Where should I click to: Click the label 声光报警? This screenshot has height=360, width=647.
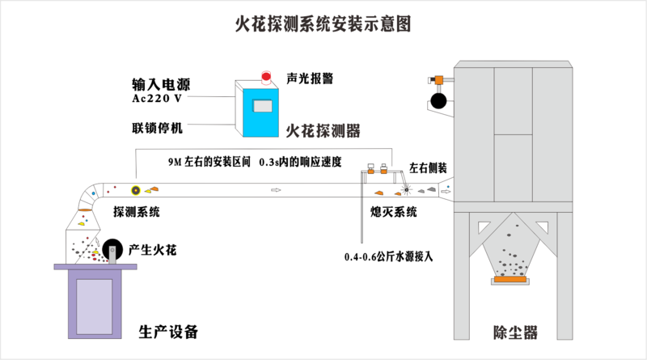point(310,78)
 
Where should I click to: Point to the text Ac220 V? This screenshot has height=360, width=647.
point(162,99)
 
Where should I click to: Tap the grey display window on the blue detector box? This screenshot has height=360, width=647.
point(264,106)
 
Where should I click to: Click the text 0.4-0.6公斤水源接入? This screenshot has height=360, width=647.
point(389,256)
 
